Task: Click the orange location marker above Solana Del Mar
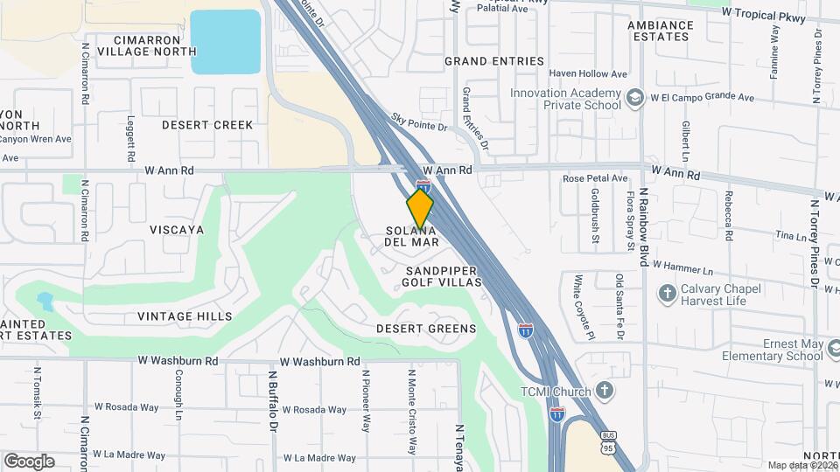tap(420, 208)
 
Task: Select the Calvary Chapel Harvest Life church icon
tap(667, 292)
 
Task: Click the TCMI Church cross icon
tap(604, 390)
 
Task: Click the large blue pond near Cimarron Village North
tap(226, 41)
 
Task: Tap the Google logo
tap(29, 462)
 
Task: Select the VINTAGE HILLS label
tap(185, 316)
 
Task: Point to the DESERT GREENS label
tap(426, 329)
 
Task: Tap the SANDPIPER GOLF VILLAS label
tap(442, 276)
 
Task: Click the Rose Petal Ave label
tap(595, 178)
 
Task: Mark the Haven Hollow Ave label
tap(595, 74)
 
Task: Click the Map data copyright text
tap(801, 465)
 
